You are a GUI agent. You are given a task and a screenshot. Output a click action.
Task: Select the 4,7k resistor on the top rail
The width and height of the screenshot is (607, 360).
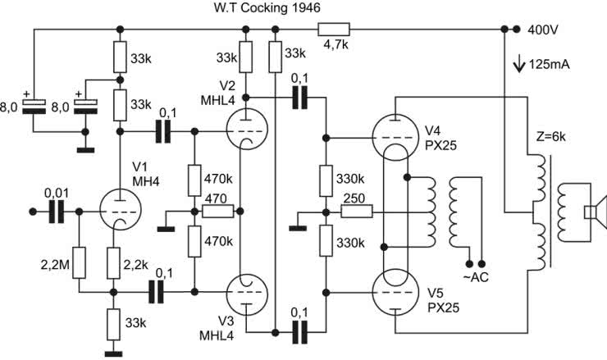(x=335, y=30)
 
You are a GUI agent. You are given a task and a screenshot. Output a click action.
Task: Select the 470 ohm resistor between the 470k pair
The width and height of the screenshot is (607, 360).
(x=217, y=211)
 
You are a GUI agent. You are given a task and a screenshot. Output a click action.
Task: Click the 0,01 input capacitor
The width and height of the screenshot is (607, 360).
(x=57, y=212)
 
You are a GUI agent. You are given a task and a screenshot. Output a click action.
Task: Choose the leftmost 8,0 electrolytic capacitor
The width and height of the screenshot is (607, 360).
(x=33, y=105)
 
